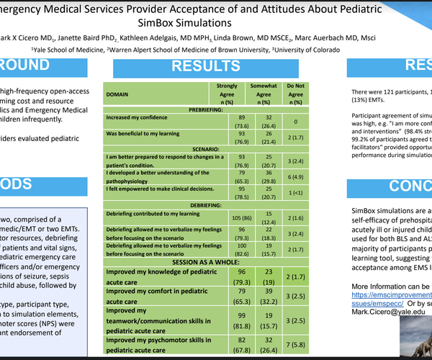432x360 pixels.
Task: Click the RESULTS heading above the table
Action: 207,66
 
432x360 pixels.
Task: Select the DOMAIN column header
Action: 120,94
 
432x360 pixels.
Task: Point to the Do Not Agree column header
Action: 294,94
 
